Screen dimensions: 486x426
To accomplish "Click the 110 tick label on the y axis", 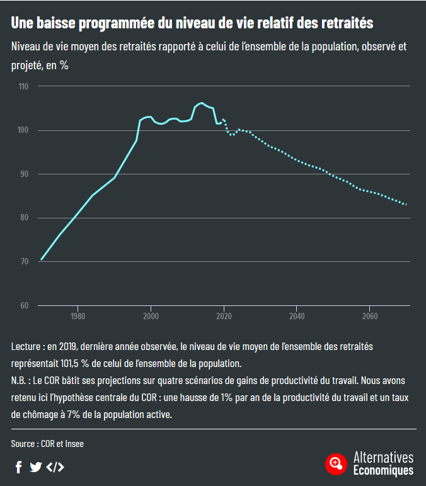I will click(24, 86).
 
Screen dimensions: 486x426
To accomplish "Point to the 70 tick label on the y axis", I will click(25, 261).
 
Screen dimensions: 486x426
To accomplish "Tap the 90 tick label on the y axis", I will click(25, 174).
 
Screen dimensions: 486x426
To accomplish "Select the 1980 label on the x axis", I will click(78, 316).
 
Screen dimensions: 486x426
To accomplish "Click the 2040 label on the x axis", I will click(296, 316).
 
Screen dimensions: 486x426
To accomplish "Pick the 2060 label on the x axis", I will click(369, 316).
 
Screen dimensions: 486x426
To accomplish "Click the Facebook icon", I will click(19, 466).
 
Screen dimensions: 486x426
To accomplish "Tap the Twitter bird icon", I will click(36, 466).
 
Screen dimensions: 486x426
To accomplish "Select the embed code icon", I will click(55, 466).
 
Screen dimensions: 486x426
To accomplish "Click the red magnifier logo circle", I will click(337, 464).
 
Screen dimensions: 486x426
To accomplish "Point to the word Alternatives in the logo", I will click(383, 458).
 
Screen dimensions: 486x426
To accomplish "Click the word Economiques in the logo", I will click(383, 470).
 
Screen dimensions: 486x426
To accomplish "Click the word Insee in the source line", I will click(74, 444).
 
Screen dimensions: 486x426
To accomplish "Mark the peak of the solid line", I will click(201, 103).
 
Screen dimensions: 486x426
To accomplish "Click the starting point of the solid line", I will click(41, 259).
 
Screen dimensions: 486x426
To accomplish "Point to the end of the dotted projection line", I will click(406, 205).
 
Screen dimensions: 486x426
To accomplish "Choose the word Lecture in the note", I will click(26, 346).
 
